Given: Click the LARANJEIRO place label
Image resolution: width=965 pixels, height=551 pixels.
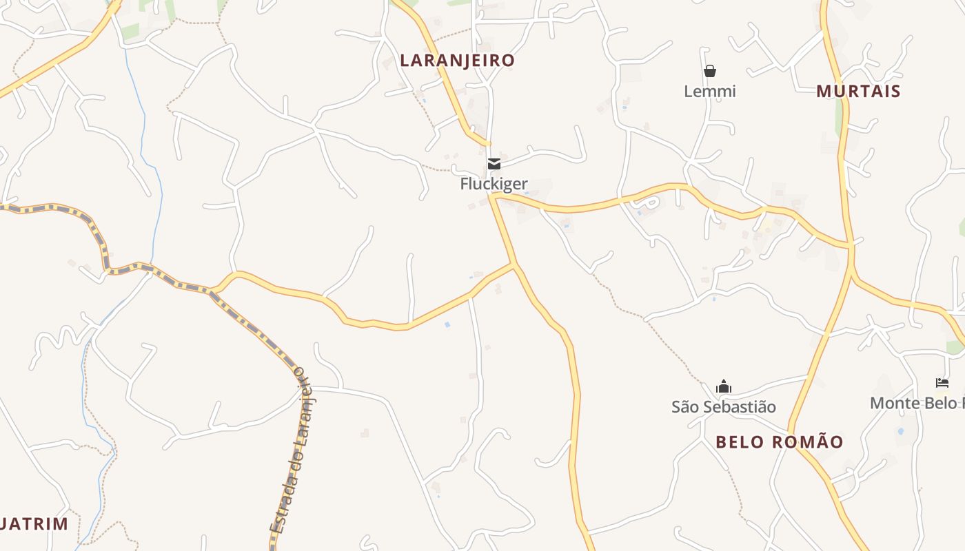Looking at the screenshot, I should [x=457, y=61].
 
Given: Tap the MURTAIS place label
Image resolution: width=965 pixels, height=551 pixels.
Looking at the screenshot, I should [x=858, y=91].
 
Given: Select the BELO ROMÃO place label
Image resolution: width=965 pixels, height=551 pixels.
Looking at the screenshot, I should [x=779, y=442].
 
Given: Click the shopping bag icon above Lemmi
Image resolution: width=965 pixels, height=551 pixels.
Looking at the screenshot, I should [x=710, y=71].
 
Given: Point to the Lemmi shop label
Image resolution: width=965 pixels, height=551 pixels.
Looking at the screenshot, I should [x=710, y=91].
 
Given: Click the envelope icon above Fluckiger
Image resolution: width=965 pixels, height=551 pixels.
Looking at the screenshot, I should [x=494, y=164].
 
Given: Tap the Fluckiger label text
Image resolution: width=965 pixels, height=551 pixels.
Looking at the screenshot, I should [x=494, y=184].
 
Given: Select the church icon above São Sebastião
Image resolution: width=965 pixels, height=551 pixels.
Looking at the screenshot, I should [x=723, y=386].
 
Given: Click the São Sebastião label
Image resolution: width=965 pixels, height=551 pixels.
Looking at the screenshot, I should [x=724, y=407].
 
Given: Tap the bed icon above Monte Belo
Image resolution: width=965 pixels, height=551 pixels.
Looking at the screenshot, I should [x=942, y=383].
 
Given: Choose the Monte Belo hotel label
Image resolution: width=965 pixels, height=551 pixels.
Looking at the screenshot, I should [x=917, y=403].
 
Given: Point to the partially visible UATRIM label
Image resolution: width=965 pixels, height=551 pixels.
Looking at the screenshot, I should [x=34, y=524].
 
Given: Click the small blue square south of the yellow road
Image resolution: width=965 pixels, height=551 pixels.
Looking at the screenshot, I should [x=447, y=324].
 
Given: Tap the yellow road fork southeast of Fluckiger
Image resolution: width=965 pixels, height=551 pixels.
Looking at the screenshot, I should [x=514, y=264].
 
